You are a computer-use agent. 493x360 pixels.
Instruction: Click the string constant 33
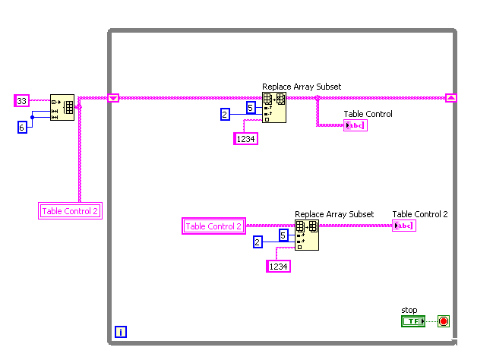[22, 100]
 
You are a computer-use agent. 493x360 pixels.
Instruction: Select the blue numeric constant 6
[22, 128]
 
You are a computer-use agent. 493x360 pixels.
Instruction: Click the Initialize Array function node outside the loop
[62, 108]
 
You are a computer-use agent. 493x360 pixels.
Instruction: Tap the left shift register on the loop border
[113, 97]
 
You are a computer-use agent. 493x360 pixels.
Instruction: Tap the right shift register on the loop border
[451, 97]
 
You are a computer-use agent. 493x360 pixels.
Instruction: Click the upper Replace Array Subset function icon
[274, 108]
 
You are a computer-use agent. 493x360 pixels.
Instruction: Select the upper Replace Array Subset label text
[302, 87]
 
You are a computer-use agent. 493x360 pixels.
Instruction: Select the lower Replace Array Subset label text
[334, 214]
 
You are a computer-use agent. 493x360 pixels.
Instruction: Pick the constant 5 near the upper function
[251, 108]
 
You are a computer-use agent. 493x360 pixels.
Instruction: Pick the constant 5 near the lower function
[283, 235]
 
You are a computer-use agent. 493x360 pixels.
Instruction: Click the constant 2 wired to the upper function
[225, 115]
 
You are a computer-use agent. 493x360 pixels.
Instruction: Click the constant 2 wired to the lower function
[258, 242]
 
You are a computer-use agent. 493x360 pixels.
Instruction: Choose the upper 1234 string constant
[246, 138]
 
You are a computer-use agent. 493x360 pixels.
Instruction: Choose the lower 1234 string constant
[279, 266]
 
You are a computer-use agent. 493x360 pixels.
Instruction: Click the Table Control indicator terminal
[355, 125]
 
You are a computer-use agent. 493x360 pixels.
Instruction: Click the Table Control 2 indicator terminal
[403, 226]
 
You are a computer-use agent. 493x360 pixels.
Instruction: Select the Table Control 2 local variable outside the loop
[70, 211]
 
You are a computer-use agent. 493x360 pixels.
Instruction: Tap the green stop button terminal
[412, 321]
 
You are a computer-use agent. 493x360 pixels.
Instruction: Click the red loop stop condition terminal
[444, 321]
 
